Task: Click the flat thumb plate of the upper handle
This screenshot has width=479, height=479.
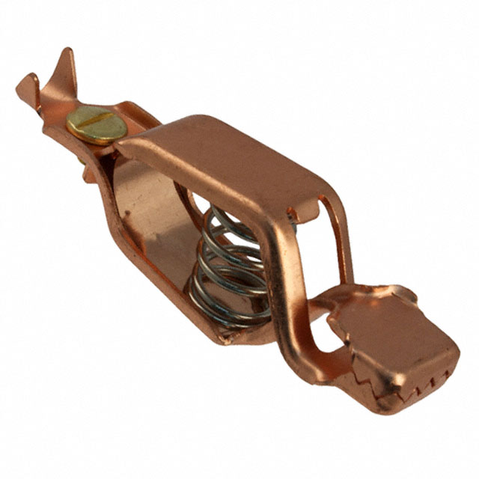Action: [225, 157]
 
